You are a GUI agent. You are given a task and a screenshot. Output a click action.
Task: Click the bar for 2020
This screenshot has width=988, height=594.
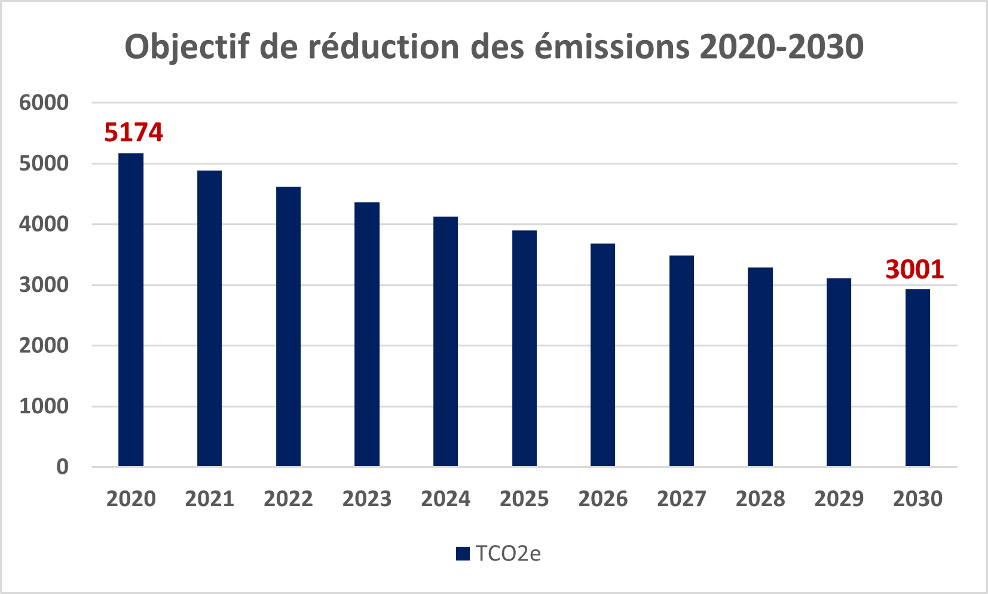131,310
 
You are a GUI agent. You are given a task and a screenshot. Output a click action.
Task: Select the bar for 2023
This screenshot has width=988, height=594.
367,334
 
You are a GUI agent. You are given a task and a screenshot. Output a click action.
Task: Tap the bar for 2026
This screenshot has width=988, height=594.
603,355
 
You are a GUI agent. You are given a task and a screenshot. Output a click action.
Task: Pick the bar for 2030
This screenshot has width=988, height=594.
918,378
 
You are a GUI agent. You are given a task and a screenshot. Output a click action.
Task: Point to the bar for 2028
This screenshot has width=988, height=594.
760,367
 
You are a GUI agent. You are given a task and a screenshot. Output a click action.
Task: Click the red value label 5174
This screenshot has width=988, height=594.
134,132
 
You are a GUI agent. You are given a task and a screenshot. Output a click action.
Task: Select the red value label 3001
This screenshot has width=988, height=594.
915,269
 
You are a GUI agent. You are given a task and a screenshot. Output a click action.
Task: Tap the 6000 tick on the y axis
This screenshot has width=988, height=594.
44,103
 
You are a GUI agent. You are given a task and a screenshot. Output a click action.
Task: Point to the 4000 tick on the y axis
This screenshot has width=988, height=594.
44,224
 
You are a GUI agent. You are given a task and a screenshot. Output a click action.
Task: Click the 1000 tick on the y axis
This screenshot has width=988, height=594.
44,406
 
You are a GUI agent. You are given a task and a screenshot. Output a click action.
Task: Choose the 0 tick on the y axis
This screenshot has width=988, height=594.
63,467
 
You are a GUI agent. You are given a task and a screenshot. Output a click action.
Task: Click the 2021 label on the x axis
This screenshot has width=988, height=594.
210,499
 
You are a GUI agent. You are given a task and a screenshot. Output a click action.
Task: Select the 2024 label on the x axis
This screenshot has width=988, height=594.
445,499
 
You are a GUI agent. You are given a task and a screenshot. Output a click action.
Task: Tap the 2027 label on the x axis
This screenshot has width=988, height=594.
681,499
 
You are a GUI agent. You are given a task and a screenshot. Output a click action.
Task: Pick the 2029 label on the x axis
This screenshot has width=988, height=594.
839,499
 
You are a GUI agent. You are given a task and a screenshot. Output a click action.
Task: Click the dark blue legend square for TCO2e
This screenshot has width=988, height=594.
463,554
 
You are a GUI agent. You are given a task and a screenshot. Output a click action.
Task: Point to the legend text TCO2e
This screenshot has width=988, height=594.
508,554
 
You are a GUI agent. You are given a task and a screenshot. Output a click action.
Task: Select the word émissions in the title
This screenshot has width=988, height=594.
612,46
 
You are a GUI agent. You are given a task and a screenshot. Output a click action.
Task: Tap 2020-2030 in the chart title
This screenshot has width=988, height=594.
782,47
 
